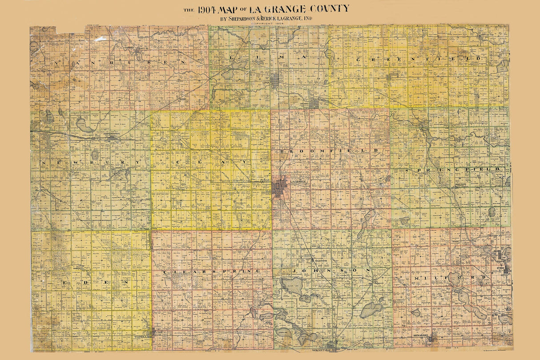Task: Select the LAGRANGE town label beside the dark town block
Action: [x=298, y=182]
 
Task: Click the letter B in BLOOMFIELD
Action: [x=283, y=152]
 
